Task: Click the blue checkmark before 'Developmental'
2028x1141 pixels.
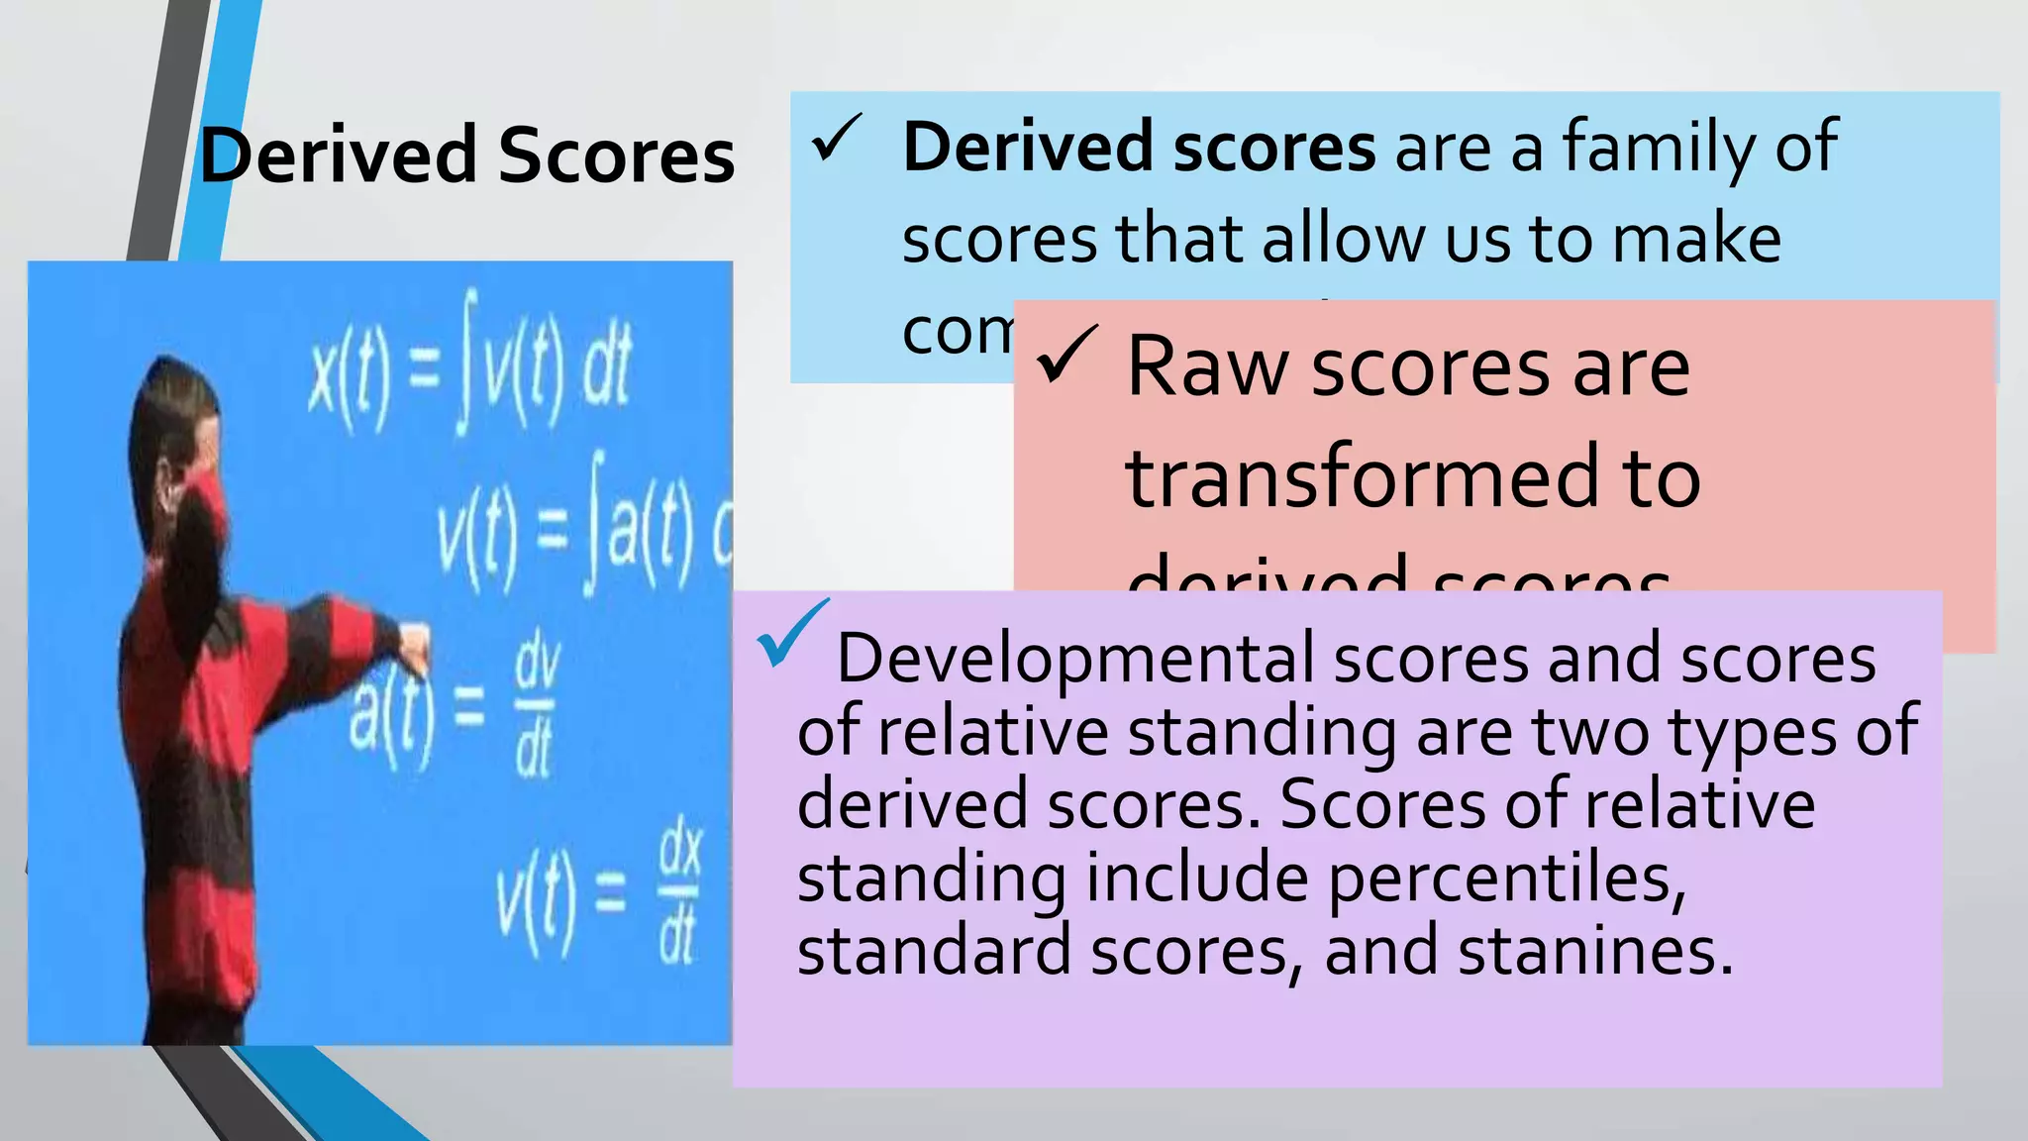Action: coord(791,634)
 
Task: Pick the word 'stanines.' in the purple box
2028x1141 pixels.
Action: coord(1595,951)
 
